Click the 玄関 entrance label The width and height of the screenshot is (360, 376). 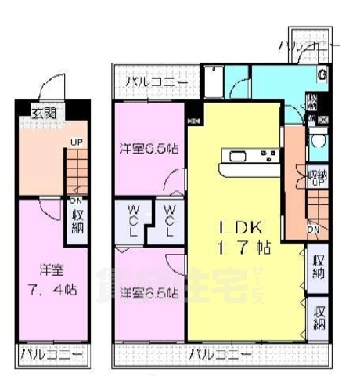click(43, 114)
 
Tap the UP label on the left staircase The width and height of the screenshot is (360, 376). click(77, 143)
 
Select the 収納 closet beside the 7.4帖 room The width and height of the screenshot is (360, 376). click(78, 217)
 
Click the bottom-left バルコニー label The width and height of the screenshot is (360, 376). click(51, 356)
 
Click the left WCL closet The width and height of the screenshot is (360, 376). click(133, 220)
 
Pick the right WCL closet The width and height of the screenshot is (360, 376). click(169, 220)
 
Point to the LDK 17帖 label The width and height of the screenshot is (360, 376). click(244, 237)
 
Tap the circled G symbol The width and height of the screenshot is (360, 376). click(322, 75)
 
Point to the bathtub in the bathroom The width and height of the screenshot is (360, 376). click(214, 81)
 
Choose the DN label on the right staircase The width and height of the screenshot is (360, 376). click(313, 229)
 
